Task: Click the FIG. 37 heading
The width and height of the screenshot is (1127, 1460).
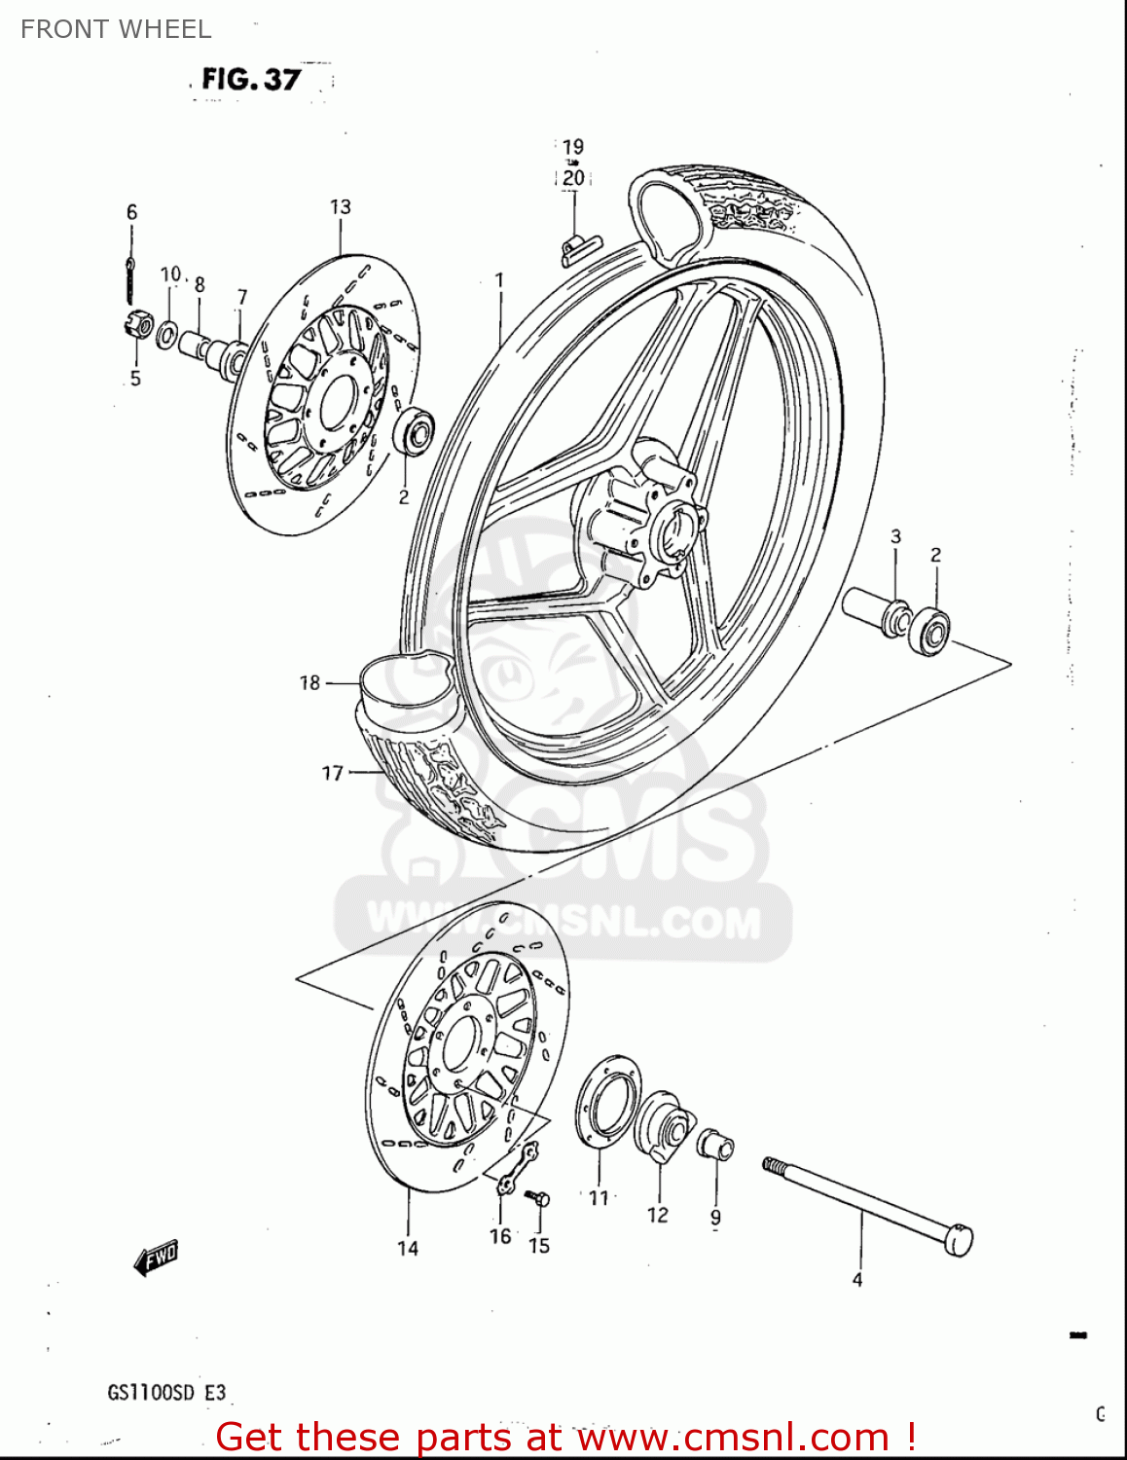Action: tap(251, 79)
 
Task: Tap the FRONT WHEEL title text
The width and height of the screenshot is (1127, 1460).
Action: tap(116, 29)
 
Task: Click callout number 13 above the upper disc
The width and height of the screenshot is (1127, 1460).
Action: tap(340, 206)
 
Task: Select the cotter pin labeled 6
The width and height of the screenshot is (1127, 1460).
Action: tap(130, 277)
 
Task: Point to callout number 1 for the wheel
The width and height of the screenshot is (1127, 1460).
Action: tap(499, 280)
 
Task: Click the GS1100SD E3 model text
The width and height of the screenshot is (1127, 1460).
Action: tap(166, 1393)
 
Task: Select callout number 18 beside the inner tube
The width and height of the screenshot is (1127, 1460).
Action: tap(309, 682)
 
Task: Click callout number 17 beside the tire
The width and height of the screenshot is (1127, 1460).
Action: tap(333, 773)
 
